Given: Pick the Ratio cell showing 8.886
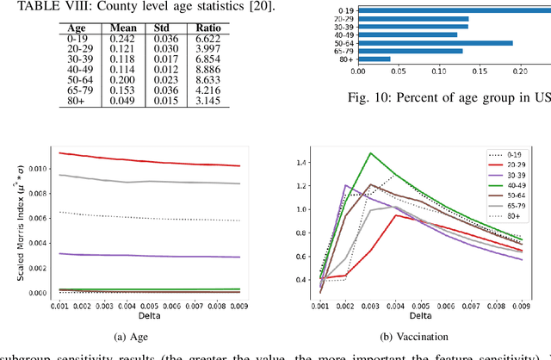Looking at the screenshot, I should [203, 70].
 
